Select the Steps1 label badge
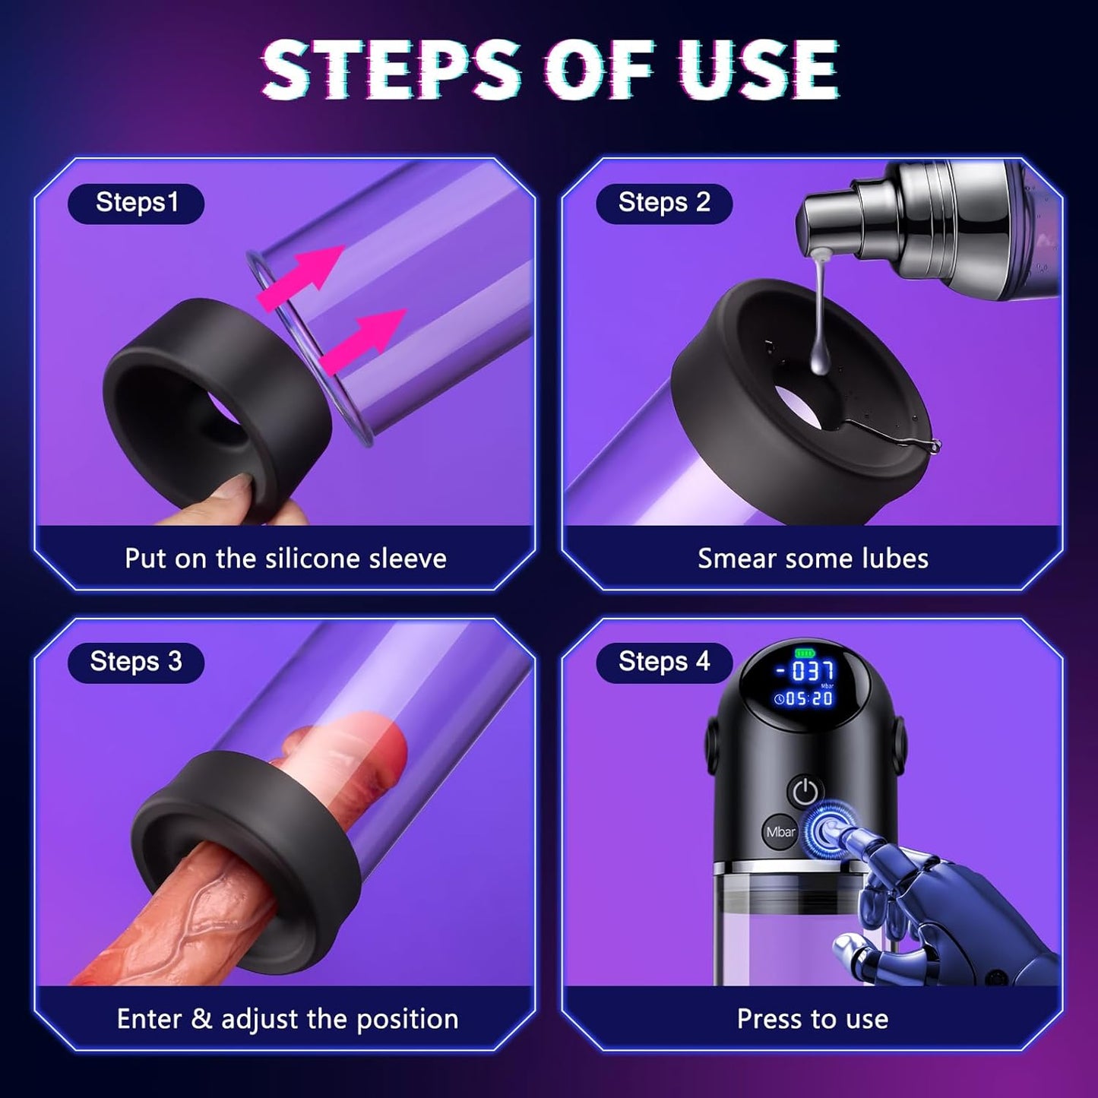[x=136, y=203]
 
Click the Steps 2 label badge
[x=663, y=203]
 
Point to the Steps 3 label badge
[x=136, y=662]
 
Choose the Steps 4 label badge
[x=663, y=662]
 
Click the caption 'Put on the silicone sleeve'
[x=285, y=558]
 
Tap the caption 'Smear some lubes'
[x=812, y=558]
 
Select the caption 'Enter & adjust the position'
[x=287, y=1019]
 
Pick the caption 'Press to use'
[x=812, y=1019]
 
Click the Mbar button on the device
[x=780, y=832]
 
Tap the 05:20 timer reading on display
[x=804, y=698]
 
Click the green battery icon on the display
[x=804, y=653]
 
